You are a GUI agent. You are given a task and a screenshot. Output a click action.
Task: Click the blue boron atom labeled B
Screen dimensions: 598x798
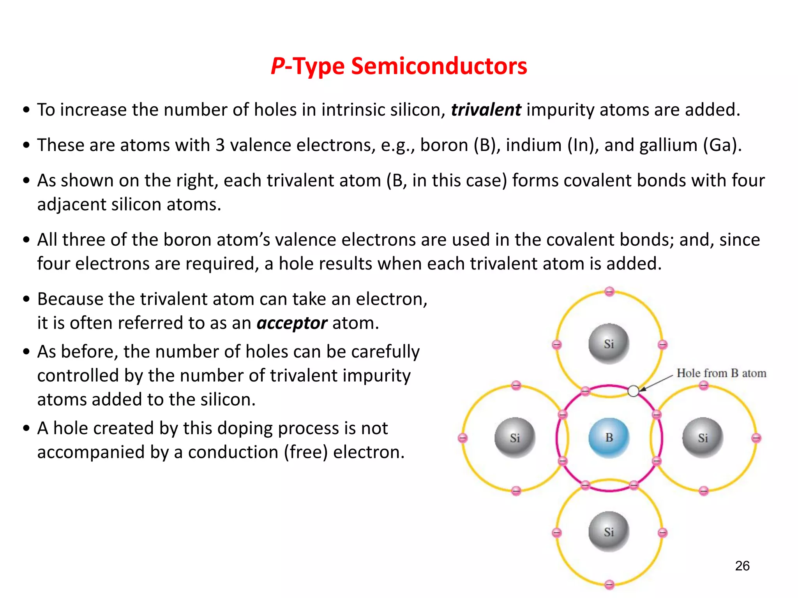point(609,438)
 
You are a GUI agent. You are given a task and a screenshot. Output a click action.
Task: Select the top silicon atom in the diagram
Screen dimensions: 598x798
point(609,344)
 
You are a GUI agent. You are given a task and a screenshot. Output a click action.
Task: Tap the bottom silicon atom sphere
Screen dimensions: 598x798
point(609,532)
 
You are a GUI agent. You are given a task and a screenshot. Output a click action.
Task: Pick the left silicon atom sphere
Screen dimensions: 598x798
point(515,438)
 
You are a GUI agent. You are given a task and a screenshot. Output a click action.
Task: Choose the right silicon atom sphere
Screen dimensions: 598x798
point(703,438)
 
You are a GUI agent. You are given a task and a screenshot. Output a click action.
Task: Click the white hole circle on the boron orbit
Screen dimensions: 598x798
point(634,391)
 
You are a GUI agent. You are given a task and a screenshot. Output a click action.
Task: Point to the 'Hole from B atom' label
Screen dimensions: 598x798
point(721,373)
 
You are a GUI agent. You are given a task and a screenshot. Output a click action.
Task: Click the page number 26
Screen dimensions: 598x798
point(742,566)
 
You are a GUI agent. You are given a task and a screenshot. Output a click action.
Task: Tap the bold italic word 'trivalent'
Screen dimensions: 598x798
point(486,110)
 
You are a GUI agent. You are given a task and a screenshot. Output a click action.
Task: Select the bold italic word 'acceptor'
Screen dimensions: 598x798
point(292,323)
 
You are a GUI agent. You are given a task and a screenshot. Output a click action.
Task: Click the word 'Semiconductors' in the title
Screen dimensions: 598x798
point(439,66)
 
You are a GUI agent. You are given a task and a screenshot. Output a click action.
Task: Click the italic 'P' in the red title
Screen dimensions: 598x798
point(278,66)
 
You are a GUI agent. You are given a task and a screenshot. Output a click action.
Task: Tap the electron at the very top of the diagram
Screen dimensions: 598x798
point(609,291)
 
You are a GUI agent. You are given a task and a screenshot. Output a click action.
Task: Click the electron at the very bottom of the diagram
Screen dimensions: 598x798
point(609,584)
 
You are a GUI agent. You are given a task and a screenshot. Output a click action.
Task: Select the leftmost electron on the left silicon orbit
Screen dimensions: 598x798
point(463,438)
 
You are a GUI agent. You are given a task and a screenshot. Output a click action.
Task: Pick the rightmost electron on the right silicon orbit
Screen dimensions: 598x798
point(756,438)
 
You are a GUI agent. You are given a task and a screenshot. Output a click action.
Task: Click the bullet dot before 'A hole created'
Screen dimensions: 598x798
point(26,428)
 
